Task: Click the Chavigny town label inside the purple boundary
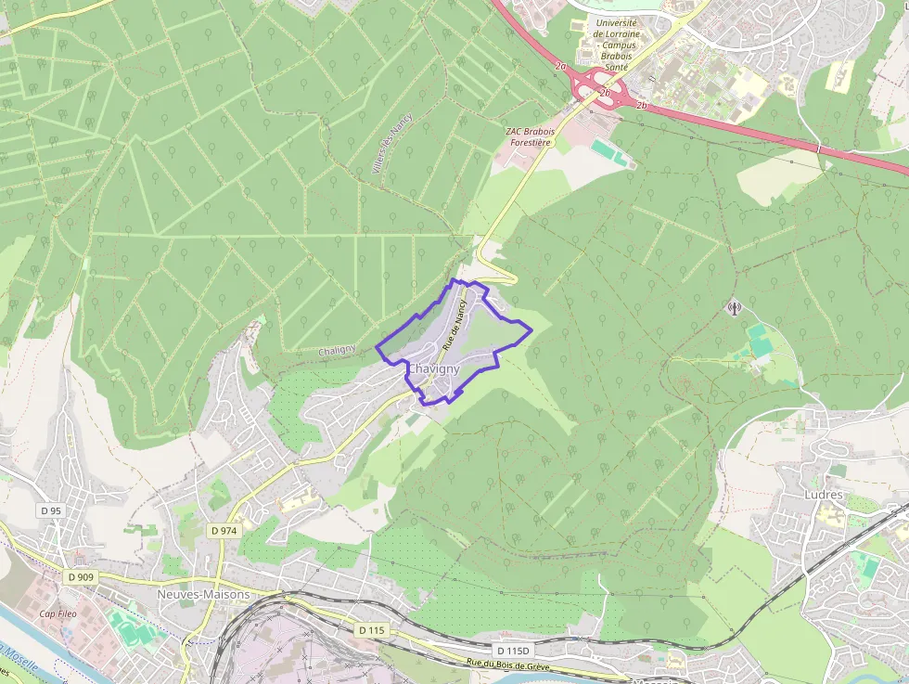433,369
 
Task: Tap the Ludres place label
823,495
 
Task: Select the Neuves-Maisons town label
204,594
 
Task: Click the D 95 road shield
51,511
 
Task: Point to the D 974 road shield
224,531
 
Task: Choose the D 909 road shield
81,577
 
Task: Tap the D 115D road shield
510,651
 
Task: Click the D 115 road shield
370,630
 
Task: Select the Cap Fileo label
58,613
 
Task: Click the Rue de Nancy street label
454,324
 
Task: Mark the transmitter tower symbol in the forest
734,307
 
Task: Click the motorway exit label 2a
560,67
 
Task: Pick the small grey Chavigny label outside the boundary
337,350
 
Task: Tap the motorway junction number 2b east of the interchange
641,105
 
